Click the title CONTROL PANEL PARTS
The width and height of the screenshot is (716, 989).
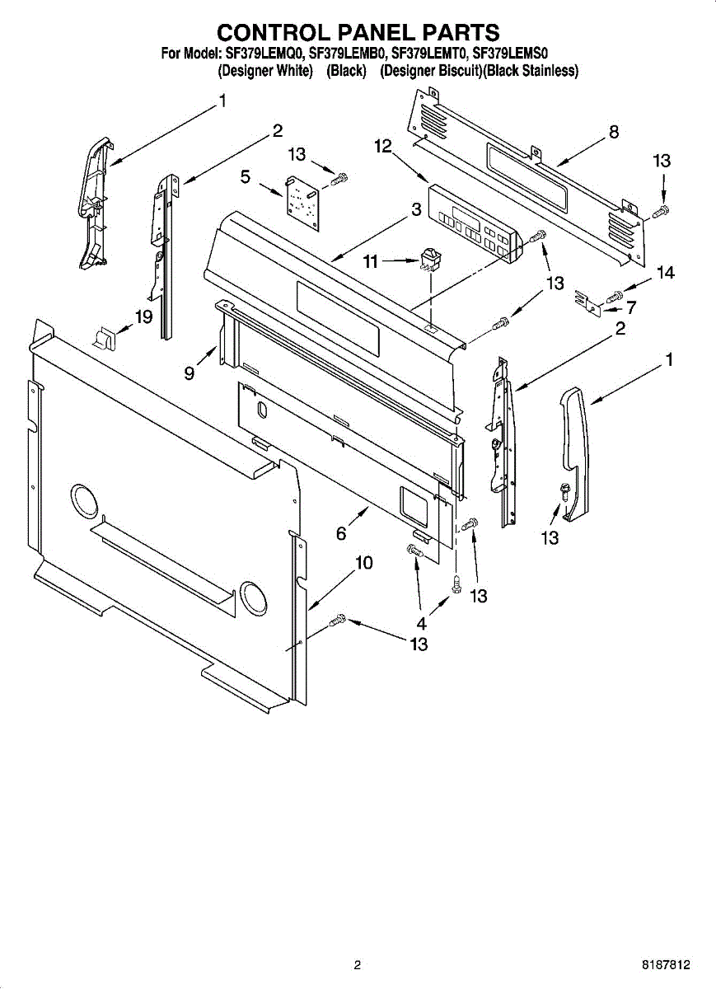(x=358, y=32)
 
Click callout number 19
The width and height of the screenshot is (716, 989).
(x=145, y=316)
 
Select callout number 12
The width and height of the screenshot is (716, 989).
(x=383, y=146)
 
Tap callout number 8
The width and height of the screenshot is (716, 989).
(x=613, y=131)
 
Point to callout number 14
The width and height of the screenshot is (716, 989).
(x=665, y=273)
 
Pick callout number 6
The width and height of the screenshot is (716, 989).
(x=341, y=533)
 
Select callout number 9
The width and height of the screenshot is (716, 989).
(x=190, y=373)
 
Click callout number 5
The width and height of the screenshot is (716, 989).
(x=246, y=176)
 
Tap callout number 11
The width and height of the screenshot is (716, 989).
(x=371, y=261)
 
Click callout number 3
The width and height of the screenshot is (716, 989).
(x=417, y=209)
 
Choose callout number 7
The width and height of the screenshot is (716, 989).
(x=631, y=308)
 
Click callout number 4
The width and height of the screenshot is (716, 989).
(x=422, y=624)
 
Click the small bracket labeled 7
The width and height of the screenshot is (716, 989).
(x=587, y=302)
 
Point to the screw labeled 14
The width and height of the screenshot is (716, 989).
(x=615, y=294)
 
